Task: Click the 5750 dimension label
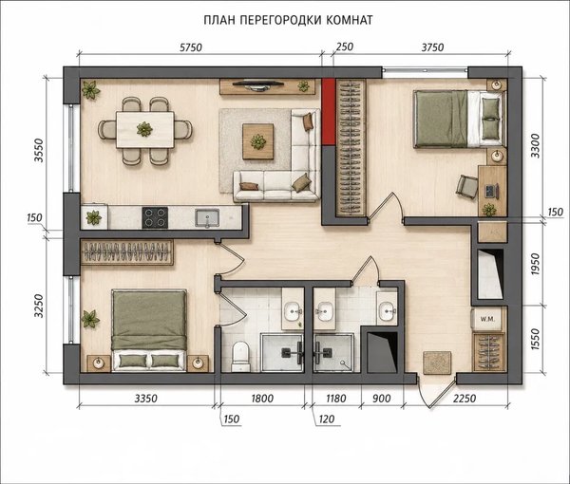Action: (x=191, y=47)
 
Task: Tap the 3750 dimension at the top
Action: (x=432, y=47)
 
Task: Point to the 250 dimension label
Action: (x=344, y=47)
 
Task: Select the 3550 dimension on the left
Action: (x=39, y=150)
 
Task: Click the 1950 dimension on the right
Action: (x=535, y=264)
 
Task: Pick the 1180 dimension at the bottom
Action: (x=336, y=399)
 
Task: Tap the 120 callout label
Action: (x=327, y=419)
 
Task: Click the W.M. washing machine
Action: (x=487, y=319)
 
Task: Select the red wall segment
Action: (x=329, y=112)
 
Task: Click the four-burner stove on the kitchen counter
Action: (x=155, y=217)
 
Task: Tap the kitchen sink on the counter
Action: (x=207, y=218)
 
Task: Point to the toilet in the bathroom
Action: (x=240, y=356)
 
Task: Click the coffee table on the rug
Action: (x=258, y=141)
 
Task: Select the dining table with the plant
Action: (x=145, y=130)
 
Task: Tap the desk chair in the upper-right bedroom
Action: (x=467, y=187)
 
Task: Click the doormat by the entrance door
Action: (x=437, y=363)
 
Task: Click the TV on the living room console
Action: (x=258, y=84)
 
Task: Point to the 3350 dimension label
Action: (x=145, y=399)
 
